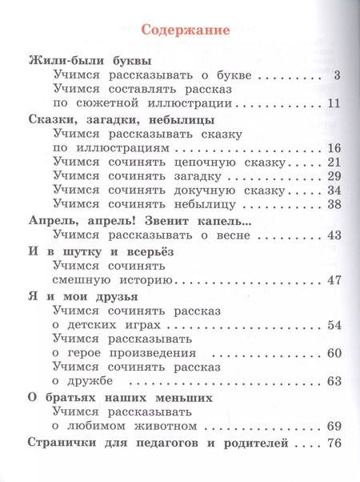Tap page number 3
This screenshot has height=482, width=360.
click(338, 76)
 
